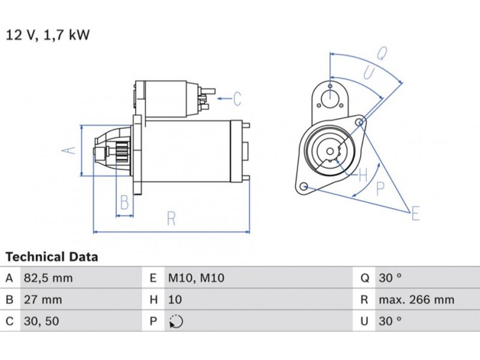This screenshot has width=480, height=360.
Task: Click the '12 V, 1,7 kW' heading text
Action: [x=48, y=35]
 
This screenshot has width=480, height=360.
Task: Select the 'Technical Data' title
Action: [x=52, y=257]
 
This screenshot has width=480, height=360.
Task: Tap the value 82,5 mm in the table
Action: [x=48, y=278]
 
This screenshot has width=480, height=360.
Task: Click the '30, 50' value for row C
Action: [x=41, y=322]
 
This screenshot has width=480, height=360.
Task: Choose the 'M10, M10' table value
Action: [x=196, y=278]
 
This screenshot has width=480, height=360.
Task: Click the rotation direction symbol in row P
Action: [x=176, y=322]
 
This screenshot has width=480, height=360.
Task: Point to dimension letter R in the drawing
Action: [x=171, y=219]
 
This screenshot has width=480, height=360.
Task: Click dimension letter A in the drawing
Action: [x=71, y=149]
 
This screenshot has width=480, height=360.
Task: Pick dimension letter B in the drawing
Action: [x=124, y=203]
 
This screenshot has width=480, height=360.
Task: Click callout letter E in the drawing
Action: [x=415, y=212]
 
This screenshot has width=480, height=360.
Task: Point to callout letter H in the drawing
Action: [x=362, y=176]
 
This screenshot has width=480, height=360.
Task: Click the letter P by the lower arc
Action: [x=380, y=188]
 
